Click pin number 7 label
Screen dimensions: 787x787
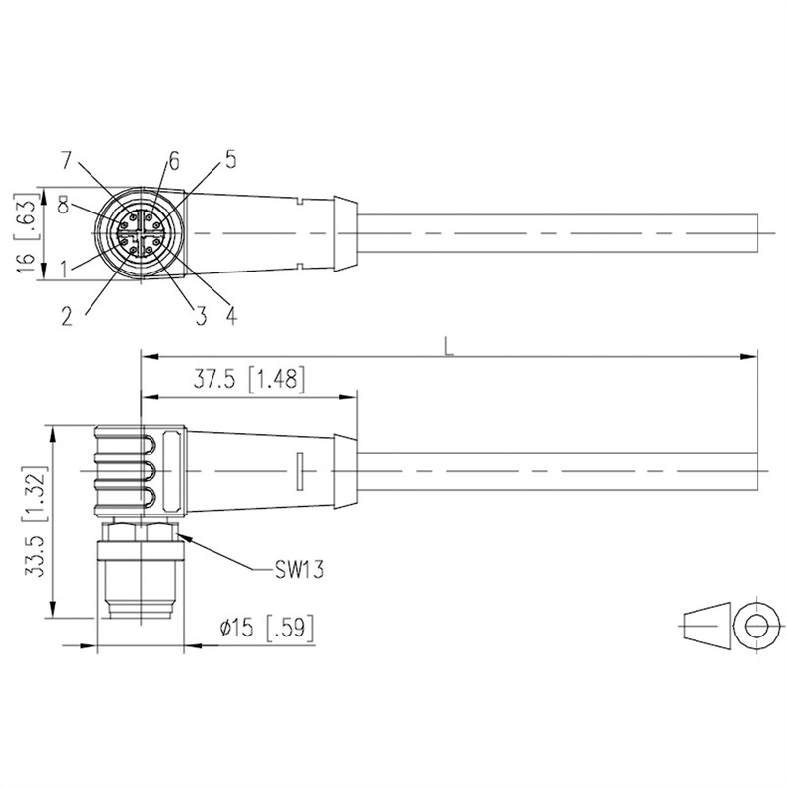point(67,160)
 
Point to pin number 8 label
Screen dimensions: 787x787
point(63,205)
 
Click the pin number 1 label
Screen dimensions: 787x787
point(65,267)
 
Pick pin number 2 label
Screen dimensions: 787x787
point(67,315)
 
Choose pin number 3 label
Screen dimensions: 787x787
point(200,315)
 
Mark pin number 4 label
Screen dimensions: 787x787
point(230,315)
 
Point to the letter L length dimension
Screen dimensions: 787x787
point(449,346)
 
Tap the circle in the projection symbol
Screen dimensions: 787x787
point(756,625)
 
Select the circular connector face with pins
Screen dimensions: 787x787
point(143,233)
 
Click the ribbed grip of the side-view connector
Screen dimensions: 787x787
point(123,472)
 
